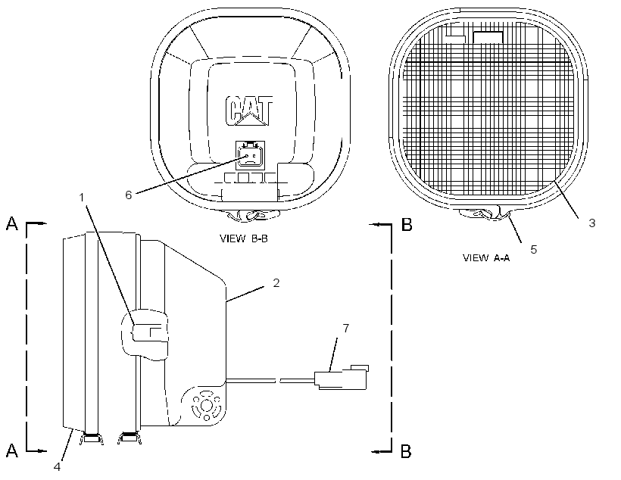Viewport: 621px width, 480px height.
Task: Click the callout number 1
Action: click(82, 198)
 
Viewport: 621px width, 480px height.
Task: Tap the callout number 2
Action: click(276, 282)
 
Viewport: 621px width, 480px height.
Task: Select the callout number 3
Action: click(591, 223)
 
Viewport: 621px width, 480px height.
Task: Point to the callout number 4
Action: click(57, 467)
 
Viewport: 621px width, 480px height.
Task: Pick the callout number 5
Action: click(533, 250)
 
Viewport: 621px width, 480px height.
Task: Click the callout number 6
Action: click(128, 195)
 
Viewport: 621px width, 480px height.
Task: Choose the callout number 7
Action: click(346, 329)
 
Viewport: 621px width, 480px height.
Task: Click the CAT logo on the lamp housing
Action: click(249, 111)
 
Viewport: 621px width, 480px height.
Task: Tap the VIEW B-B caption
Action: click(244, 238)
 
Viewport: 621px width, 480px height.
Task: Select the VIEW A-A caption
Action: click(486, 258)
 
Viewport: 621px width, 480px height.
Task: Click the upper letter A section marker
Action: click(12, 224)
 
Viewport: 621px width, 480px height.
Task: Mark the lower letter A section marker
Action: click(12, 450)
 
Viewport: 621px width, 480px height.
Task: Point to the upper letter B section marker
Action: click(407, 225)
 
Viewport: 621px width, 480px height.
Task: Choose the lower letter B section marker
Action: click(407, 451)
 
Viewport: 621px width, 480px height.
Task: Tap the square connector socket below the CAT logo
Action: click(249, 156)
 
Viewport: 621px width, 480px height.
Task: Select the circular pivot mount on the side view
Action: click(206, 406)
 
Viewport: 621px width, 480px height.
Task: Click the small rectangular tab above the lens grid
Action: click(488, 37)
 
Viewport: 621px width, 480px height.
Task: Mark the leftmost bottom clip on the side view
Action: click(92, 438)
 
